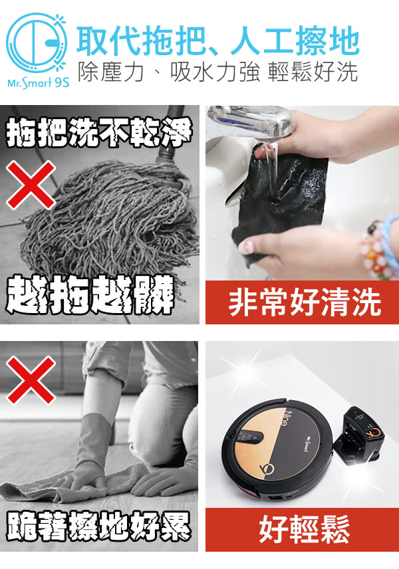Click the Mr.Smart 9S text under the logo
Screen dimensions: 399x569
(38, 83)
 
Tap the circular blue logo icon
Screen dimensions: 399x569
(37, 43)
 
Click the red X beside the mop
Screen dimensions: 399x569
(31, 185)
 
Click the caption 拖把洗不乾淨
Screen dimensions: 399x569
(98, 133)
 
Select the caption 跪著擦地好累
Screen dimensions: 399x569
(98, 527)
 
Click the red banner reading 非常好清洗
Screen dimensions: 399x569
(302, 302)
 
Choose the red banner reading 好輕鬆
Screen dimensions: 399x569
(302, 530)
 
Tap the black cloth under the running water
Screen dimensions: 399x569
(279, 198)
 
